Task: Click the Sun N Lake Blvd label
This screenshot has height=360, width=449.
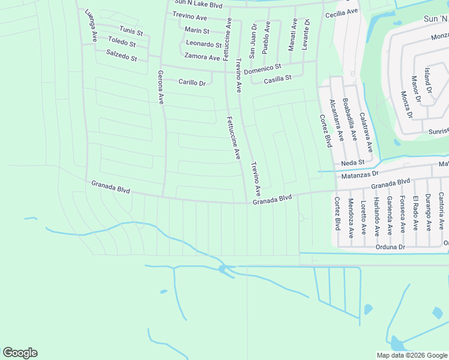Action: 198,5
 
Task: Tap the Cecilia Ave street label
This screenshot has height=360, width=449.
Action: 341,13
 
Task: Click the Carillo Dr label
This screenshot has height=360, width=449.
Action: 192,82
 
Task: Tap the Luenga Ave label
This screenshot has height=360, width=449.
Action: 91,25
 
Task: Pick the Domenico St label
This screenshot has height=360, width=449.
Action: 262,69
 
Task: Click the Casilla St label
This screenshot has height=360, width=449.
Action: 277,78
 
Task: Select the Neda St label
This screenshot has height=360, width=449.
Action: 352,163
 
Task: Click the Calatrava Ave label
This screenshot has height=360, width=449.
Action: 366,132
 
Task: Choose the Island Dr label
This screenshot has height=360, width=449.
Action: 427,80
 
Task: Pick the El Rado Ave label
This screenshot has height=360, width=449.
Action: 415,213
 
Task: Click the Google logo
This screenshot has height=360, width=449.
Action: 20,353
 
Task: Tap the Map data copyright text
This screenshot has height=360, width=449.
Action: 411,355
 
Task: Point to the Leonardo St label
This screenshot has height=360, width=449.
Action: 203,44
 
